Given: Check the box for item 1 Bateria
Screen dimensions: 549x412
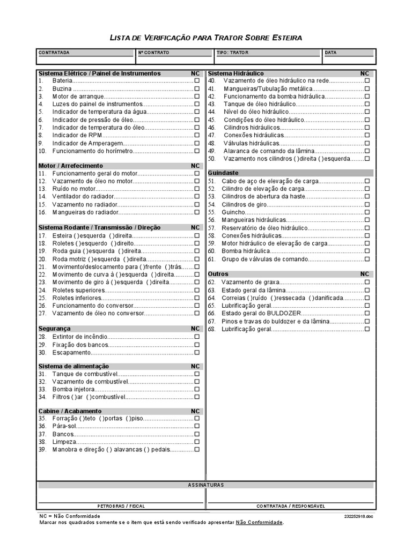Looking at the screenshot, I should [197, 80].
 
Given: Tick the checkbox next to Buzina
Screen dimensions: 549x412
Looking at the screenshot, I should [197, 88].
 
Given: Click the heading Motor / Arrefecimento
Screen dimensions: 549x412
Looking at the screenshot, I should [71, 166].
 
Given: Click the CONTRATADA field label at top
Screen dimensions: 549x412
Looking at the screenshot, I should [54, 53].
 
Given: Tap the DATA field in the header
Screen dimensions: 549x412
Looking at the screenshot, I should [331, 53].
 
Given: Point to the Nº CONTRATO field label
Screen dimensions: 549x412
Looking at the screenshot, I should [153, 53].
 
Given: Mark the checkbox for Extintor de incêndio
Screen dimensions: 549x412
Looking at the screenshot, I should [197, 337].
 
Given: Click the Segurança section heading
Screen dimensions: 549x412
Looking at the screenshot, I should [55, 328].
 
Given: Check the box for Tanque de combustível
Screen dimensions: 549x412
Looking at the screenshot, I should [197, 374].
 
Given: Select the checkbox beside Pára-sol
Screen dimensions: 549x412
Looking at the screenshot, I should [197, 426].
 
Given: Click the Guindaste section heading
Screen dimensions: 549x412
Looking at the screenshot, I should [223, 173].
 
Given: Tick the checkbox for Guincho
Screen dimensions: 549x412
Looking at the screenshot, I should [367, 212].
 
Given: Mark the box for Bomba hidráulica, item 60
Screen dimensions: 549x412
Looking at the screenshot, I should [367, 251].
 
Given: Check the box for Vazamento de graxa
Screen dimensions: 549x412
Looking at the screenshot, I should [367, 282].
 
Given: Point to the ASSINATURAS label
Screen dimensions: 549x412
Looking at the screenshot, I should [206, 485].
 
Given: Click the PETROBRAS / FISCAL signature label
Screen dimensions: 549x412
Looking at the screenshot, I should [121, 506].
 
